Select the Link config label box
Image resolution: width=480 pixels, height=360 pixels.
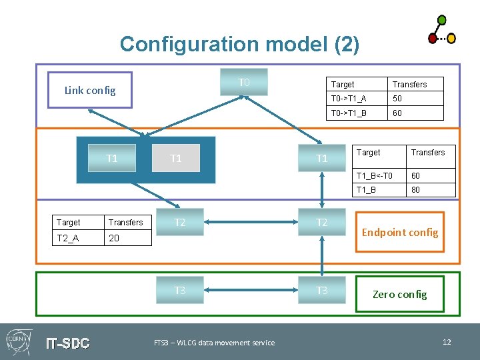(90, 91)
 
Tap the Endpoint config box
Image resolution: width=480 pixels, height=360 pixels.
(400, 232)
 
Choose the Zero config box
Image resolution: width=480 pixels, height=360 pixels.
(400, 294)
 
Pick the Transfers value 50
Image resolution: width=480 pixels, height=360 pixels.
(415, 99)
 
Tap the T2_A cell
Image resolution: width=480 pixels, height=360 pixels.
(77, 238)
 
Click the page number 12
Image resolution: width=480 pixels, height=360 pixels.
(447, 342)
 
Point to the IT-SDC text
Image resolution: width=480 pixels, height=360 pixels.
(67, 343)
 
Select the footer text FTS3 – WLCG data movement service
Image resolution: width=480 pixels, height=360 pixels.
(214, 343)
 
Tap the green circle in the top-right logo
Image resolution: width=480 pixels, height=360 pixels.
(442, 19)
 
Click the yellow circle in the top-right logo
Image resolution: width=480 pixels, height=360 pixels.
(451, 38)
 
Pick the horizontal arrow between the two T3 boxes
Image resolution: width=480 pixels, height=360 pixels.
(250, 291)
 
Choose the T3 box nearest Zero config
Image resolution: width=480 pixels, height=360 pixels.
(321, 290)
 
